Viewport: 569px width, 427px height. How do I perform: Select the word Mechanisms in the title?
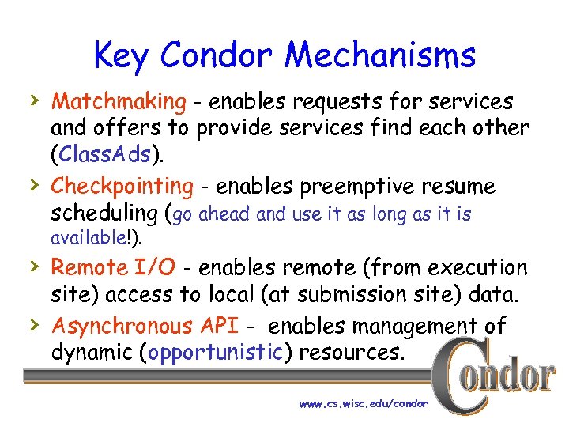[381, 55]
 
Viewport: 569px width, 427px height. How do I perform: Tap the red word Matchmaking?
[119, 102]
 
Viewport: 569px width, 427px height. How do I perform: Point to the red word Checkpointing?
[122, 187]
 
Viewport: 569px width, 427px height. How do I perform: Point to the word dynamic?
[91, 352]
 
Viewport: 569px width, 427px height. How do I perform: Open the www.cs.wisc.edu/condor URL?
[363, 403]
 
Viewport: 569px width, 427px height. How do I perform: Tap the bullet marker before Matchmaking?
[32, 100]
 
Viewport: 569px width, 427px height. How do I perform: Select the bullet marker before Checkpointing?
[32, 185]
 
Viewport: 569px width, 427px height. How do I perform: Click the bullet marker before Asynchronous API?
[32, 323]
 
